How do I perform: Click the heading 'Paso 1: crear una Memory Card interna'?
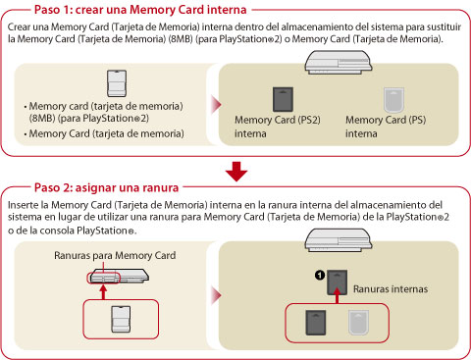(x=140, y=10)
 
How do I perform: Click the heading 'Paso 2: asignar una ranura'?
(x=106, y=187)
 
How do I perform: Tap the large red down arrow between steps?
(x=236, y=172)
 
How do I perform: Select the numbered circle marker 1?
(x=320, y=276)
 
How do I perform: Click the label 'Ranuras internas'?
(x=391, y=289)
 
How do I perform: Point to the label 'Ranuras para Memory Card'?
(x=115, y=255)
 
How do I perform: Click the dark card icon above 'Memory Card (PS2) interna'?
(x=283, y=99)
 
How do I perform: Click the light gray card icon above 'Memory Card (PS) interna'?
(x=393, y=100)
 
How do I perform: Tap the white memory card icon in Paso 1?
(x=117, y=83)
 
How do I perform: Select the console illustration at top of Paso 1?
(x=339, y=62)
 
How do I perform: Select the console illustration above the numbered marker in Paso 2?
(x=339, y=240)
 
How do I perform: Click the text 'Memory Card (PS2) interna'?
(x=278, y=127)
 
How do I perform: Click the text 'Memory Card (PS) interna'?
(x=386, y=127)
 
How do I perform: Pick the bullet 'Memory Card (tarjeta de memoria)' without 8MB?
(x=106, y=133)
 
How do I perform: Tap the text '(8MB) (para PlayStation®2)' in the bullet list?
(x=88, y=118)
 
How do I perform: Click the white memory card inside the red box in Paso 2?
(x=121, y=320)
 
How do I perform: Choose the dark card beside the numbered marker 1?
(x=338, y=283)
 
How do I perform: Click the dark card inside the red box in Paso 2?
(x=316, y=323)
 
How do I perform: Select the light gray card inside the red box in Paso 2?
(x=358, y=323)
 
